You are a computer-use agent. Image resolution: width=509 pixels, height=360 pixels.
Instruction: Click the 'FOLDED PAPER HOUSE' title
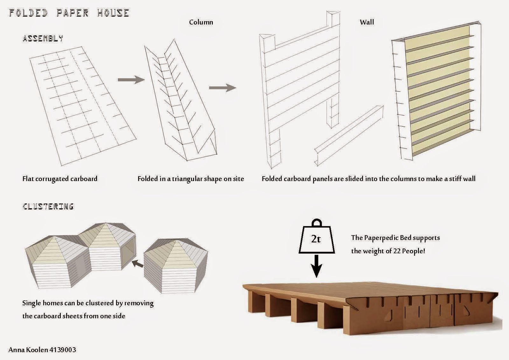pos(69,13)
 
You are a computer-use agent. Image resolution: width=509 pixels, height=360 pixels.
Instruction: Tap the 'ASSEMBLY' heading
pos(43,38)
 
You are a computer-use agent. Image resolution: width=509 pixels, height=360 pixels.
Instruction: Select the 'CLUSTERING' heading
pos(48,206)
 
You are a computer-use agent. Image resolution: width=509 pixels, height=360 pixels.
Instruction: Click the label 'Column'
pos(201,22)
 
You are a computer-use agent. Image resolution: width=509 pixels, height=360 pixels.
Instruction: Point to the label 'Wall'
pos(367,22)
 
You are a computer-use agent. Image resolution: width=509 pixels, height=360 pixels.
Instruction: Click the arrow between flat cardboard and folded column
pos(131,80)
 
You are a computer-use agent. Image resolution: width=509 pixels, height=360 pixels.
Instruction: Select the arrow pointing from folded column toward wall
pos(222,87)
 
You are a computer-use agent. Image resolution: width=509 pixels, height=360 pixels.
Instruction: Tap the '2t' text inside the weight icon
pos(316,239)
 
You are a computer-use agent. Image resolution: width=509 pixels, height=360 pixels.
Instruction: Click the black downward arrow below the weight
pos(316,266)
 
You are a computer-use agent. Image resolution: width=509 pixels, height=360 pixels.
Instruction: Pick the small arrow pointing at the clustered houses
pos(137,263)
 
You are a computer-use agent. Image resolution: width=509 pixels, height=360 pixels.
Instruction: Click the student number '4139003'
pos(63,350)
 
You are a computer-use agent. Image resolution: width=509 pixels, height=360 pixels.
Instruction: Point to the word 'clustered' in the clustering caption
pos(95,303)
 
